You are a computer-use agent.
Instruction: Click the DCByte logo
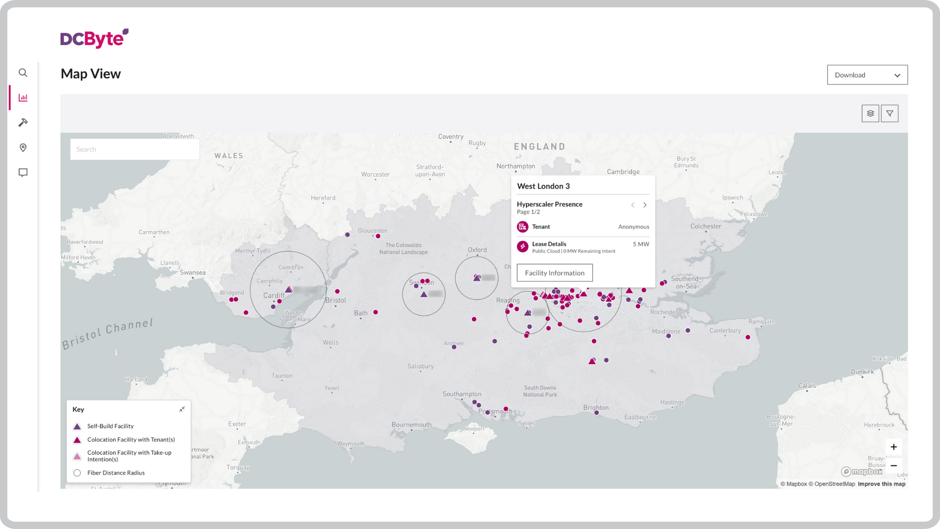(94, 38)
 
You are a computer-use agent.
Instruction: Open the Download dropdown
(867, 75)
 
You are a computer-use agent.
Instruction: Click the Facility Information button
(554, 273)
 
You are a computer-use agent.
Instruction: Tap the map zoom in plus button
(893, 447)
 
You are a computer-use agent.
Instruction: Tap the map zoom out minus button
(893, 465)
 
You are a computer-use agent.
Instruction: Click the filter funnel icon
(890, 114)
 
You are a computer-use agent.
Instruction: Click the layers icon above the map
(870, 114)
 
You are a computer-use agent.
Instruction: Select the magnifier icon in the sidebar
(23, 73)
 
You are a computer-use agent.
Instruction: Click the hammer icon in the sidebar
(23, 122)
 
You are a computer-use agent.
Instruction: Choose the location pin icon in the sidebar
(23, 147)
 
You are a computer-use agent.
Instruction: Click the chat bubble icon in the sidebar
(23, 172)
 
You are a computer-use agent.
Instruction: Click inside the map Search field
(134, 149)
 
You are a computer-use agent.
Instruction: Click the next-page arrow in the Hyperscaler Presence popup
(645, 205)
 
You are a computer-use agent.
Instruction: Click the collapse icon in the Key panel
(182, 409)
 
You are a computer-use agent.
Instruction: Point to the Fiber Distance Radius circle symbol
(77, 473)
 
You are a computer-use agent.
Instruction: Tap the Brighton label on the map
(596, 408)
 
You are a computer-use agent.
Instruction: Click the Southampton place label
(462, 394)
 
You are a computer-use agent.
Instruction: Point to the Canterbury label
(725, 331)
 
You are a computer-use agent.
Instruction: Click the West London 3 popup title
(543, 186)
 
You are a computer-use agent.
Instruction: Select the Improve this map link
(881, 484)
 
